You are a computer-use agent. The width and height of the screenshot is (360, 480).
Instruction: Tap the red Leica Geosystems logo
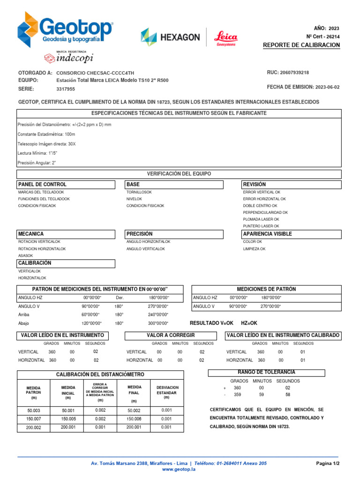(226, 38)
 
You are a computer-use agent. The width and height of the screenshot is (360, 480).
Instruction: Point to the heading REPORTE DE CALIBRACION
(301, 45)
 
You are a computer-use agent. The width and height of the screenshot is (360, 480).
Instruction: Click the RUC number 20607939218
(294, 73)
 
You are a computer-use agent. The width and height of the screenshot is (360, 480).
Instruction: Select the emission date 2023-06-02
(327, 87)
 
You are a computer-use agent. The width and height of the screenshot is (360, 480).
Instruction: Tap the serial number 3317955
(66, 89)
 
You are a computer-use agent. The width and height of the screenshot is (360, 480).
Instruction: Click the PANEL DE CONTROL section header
(42, 185)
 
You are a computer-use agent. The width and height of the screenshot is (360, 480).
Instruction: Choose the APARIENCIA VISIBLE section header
(267, 234)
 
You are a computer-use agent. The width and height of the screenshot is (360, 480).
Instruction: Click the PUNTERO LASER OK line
(261, 226)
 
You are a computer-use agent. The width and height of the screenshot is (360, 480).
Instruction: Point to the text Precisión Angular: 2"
(37, 163)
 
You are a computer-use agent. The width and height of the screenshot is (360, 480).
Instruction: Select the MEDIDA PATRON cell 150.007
(34, 419)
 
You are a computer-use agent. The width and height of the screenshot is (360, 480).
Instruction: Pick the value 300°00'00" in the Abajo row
(158, 323)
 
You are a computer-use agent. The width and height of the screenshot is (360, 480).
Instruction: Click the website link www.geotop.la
(179, 469)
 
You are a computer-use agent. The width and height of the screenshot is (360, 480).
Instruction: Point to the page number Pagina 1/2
(328, 463)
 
